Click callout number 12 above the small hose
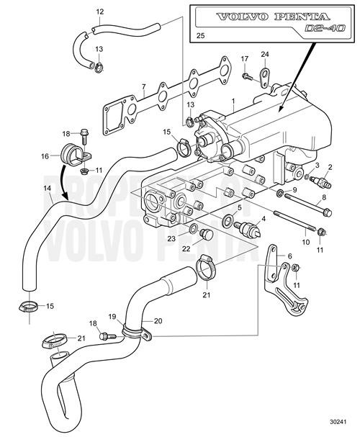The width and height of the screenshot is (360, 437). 99,12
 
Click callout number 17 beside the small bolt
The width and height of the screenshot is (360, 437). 245,58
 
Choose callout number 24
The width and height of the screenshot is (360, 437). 264,54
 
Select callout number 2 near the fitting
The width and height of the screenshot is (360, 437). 331,168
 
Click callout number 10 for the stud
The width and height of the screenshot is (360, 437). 306,243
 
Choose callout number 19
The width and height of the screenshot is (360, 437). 112,316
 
